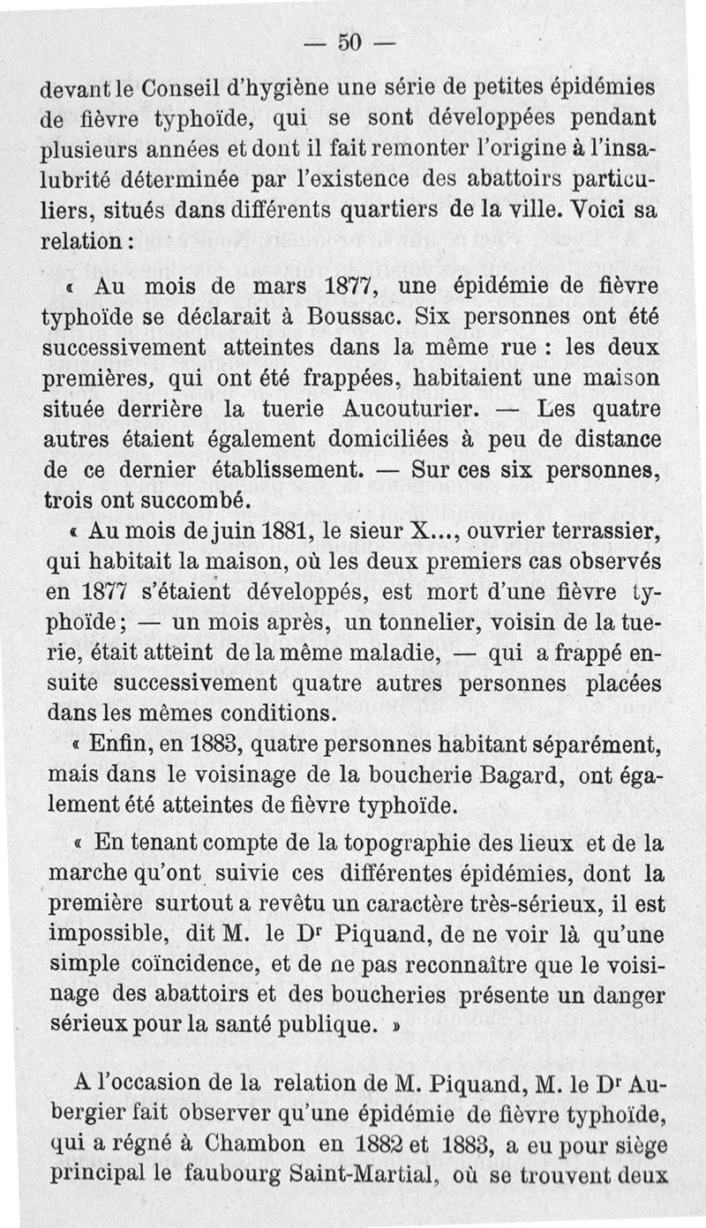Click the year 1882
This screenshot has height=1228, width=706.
357,1144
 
